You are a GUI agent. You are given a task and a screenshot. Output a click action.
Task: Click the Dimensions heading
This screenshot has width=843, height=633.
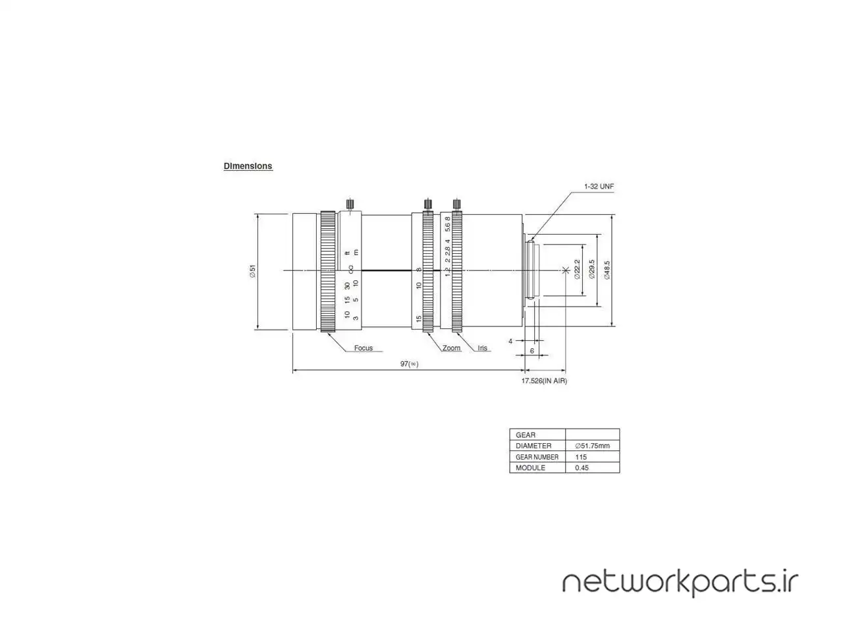click(248, 166)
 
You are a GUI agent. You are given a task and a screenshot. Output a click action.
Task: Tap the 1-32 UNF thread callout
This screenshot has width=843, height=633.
click(599, 187)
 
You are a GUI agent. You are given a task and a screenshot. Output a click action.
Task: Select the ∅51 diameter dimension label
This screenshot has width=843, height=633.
click(252, 271)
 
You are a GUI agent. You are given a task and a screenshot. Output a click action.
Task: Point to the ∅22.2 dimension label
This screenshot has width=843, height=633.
click(577, 269)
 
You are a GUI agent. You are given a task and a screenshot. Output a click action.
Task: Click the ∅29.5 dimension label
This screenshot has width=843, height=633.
click(591, 269)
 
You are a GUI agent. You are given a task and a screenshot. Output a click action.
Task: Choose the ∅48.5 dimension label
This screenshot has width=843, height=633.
click(607, 270)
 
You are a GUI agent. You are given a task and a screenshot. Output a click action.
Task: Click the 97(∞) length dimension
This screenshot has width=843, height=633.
click(409, 363)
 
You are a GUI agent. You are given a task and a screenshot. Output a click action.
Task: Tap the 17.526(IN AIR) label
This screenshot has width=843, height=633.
click(544, 380)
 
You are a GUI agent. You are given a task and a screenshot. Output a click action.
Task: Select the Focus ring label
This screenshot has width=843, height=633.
click(364, 348)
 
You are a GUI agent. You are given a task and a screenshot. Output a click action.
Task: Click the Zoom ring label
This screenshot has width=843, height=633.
click(451, 348)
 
